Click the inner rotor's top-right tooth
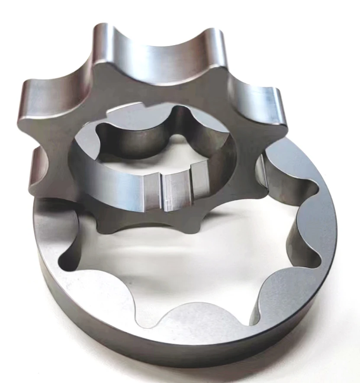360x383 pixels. pyautogui.click(x=216, y=48)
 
